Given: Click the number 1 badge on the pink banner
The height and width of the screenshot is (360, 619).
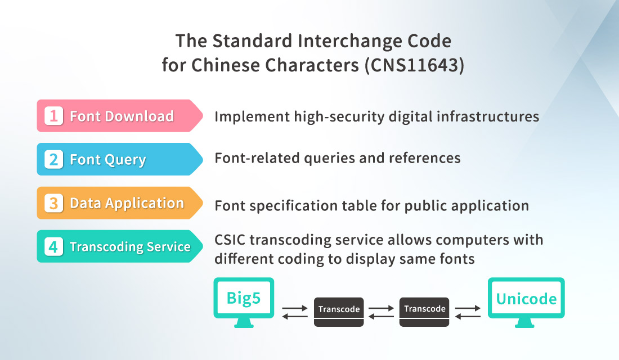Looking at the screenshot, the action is click(x=53, y=116).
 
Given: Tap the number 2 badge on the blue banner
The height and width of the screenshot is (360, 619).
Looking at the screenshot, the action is click(x=53, y=160).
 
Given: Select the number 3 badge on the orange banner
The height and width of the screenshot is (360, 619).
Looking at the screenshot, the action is click(x=53, y=203).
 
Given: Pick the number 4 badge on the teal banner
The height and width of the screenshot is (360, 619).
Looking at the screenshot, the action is click(x=53, y=246).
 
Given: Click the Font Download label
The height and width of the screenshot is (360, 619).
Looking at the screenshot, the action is click(x=122, y=116).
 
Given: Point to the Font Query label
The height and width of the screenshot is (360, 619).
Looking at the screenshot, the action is click(x=108, y=160).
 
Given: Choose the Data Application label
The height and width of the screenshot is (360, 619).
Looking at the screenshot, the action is click(x=127, y=203).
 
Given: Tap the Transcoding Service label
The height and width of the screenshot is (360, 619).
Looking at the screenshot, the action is click(x=130, y=247).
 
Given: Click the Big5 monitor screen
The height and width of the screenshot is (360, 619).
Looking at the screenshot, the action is click(x=244, y=298).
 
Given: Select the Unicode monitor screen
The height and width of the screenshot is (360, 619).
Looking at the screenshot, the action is click(x=526, y=298).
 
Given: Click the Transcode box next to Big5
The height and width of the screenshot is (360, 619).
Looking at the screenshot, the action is click(x=339, y=312).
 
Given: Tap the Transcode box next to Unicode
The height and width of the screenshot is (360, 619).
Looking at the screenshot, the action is click(x=424, y=312).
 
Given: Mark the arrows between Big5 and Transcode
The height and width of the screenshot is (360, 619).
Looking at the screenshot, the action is click(x=295, y=312).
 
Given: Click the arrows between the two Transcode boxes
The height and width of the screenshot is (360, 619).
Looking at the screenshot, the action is click(x=382, y=312).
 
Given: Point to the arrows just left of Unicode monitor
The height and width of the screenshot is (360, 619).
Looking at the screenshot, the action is click(x=468, y=312).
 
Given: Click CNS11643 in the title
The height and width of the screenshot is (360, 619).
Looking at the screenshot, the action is click(x=415, y=65).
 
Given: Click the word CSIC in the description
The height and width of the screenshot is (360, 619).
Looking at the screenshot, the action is click(x=230, y=240).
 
